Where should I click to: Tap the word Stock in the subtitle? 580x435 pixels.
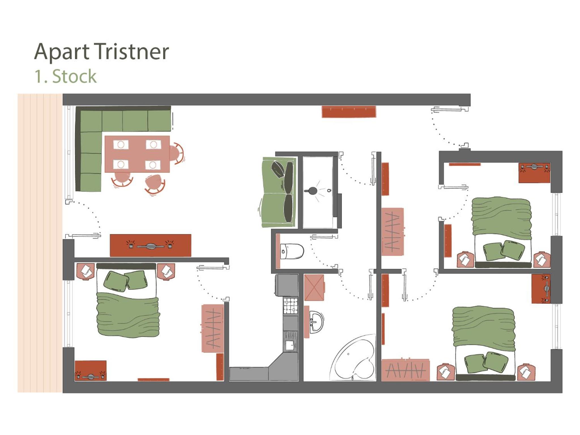pyautogui.click(x=74, y=76)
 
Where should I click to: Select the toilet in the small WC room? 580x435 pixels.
pyautogui.click(x=292, y=251)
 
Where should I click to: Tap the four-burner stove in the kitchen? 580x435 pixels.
pyautogui.click(x=291, y=306)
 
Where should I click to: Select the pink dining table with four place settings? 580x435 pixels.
pyautogui.click(x=137, y=154)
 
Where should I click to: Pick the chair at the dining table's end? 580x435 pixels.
pyautogui.click(x=177, y=153)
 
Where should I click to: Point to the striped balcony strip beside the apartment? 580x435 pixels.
pyautogui.click(x=40, y=243)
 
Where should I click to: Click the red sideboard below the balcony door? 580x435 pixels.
pyautogui.click(x=150, y=245)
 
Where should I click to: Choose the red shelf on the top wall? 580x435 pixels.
pyautogui.click(x=349, y=112)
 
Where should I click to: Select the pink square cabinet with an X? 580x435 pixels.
pyautogui.click(x=314, y=287)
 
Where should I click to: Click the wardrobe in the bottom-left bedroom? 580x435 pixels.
pyautogui.click(x=213, y=328)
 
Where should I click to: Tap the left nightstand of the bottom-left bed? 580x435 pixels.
pyautogui.click(x=85, y=271)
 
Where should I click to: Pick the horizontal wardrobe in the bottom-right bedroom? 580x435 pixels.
pyautogui.click(x=405, y=370)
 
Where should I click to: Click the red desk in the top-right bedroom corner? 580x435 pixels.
pyautogui.click(x=534, y=173)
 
